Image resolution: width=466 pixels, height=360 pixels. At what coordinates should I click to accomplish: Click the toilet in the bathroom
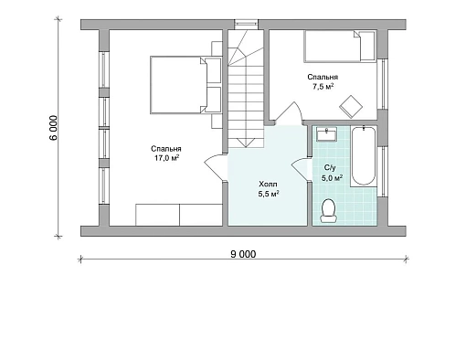coord(328,210)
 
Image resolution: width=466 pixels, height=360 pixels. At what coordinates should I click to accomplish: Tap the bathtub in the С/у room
coord(364,156)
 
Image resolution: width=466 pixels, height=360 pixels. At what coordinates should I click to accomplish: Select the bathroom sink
coord(326,134)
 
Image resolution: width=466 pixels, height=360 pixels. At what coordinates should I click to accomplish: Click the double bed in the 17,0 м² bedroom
coord(185,85)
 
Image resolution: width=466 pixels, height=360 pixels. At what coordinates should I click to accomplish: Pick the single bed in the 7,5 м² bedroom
coord(339,46)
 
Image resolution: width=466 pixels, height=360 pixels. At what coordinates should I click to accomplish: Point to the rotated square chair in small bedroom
coord(351,107)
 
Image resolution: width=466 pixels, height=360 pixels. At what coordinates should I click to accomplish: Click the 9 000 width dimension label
coord(243,254)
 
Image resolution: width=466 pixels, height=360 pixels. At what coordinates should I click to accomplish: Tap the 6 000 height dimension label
coord(53,128)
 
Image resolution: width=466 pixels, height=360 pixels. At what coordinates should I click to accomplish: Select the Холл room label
coord(268,185)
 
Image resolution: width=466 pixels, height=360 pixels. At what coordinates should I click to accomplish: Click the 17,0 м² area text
coord(166,158)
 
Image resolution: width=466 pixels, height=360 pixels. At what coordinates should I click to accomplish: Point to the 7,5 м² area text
coord(323,87)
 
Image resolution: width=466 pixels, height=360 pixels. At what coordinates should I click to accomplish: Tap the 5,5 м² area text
coord(269,194)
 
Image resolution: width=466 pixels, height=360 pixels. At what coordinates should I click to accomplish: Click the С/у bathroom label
coord(330,167)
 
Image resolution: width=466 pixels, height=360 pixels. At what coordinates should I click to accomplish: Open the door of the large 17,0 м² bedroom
coord(213,167)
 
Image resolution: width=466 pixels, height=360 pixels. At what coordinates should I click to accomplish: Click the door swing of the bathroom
coord(301,170)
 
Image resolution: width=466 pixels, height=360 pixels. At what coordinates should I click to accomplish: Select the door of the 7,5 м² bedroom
coord(289,113)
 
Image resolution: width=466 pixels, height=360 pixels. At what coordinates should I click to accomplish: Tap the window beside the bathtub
coord(383,172)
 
